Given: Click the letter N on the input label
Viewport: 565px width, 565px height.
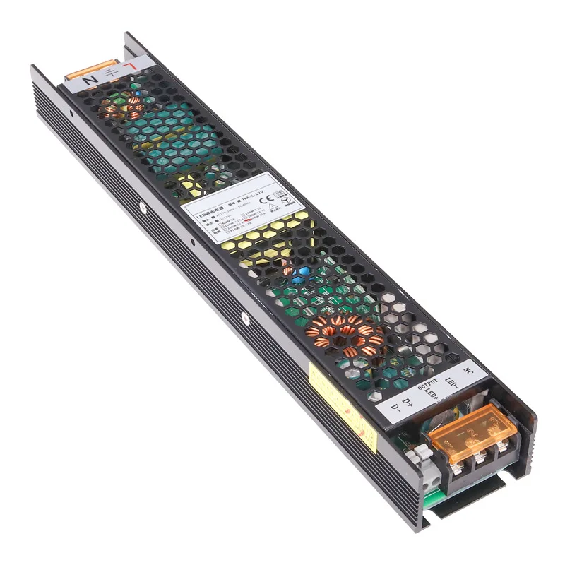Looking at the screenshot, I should click(x=90, y=80).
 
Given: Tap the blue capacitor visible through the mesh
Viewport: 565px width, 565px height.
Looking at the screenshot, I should click(x=299, y=273).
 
